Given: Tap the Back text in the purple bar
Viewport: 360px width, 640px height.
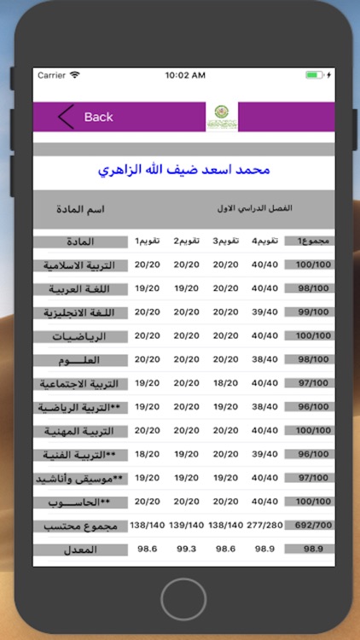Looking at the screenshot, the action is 98,117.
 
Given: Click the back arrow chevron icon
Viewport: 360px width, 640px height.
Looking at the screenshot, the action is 67,117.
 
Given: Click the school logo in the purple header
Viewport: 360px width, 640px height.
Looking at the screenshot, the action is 222,117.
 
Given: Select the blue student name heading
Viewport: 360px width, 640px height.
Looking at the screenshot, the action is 185,170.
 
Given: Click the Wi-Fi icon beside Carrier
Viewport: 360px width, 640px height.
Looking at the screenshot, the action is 75,75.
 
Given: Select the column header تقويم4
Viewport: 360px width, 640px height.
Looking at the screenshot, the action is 265,241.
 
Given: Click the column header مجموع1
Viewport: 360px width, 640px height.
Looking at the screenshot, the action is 308,241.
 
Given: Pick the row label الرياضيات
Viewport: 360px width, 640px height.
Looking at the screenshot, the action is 81,336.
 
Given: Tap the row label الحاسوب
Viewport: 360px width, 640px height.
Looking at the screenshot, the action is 81,502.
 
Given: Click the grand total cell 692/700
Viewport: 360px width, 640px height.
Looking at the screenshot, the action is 308,526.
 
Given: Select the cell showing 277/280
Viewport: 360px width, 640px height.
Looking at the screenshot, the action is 265,526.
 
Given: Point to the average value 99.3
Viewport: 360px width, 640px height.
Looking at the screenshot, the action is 185,549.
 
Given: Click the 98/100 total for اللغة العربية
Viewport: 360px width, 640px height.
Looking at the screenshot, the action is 308,288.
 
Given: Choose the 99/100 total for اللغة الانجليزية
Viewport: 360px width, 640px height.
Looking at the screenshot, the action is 308,312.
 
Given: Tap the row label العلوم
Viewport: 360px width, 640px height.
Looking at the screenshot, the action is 81,360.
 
